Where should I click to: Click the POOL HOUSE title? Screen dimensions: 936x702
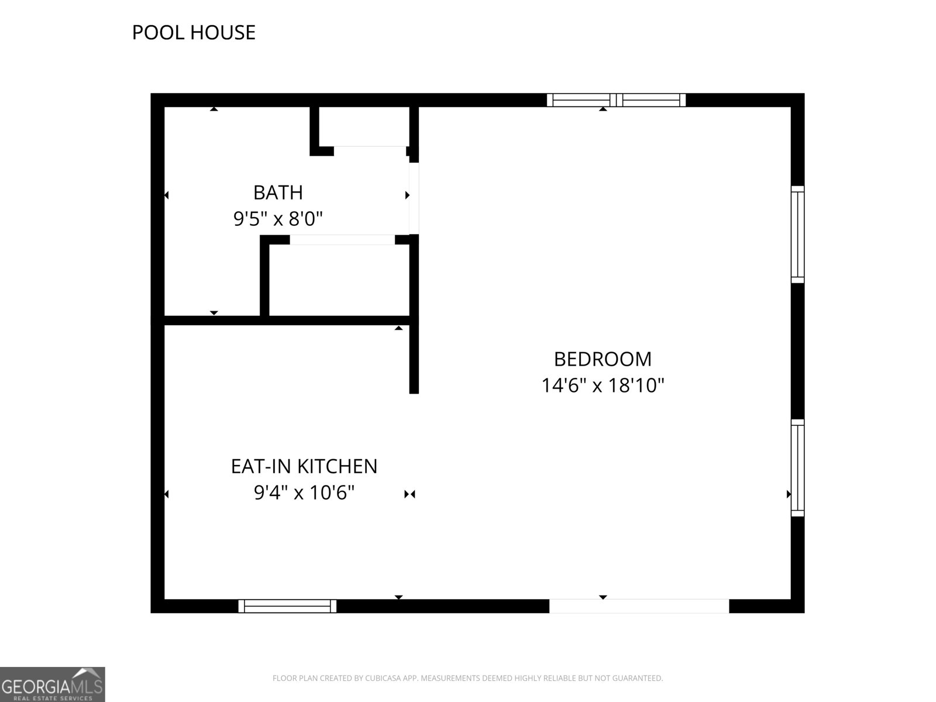coord(194,32)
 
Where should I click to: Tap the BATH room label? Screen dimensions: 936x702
coord(278,192)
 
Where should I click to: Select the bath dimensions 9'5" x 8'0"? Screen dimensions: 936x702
coord(278,219)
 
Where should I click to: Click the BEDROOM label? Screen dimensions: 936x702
coord(603,359)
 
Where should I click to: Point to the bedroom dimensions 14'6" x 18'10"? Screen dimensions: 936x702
coord(603,386)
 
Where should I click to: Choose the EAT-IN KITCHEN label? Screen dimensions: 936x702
coord(304,466)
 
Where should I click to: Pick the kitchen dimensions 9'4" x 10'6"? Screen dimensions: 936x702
coord(304,493)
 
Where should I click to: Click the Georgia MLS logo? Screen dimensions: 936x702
coord(53,684)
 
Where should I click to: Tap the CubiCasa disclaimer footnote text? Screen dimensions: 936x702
coord(468,678)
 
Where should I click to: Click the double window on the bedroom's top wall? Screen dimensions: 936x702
coord(616,100)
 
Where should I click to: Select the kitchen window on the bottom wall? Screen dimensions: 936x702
coord(287,606)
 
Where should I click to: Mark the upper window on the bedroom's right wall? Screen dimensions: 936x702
coord(798,235)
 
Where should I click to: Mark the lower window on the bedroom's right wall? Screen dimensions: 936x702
coord(798,468)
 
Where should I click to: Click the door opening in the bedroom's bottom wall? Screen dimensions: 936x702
coord(639,606)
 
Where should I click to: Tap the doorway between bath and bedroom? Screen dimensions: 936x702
coord(414,198)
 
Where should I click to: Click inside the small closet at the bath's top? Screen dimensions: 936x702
coord(364,126)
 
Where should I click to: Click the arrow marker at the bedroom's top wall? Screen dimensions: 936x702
coord(603,109)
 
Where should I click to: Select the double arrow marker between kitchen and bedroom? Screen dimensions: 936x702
coord(410,494)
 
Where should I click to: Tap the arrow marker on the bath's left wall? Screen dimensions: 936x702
coord(167,195)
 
